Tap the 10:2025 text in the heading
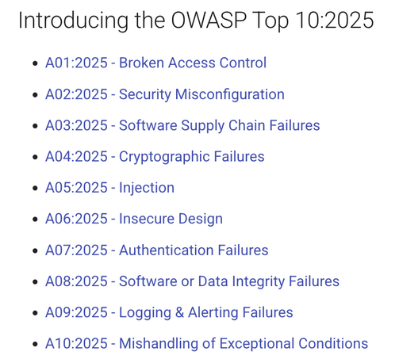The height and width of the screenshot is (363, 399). coord(335,21)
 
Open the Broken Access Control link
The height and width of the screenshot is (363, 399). coord(193,63)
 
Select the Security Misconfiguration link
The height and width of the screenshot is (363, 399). coord(201,94)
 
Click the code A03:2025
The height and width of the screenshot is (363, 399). coord(76,125)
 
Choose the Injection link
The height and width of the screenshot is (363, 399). coord(147,188)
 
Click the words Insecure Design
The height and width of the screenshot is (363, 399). coord(171,219)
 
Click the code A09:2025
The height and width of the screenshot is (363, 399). coord(76,312)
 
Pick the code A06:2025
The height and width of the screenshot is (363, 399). coord(76,219)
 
